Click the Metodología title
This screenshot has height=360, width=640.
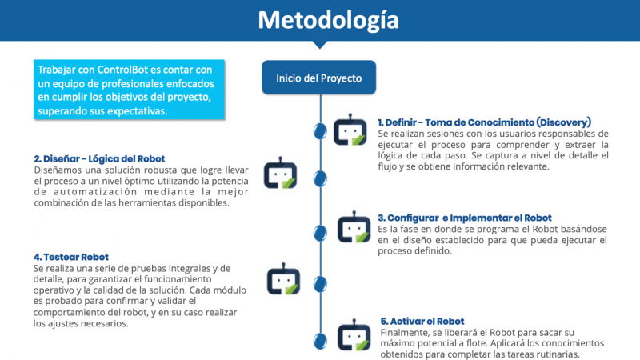(x=328, y=21)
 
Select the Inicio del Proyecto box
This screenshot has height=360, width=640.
(x=318, y=78)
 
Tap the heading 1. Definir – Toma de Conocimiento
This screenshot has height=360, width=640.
(x=484, y=122)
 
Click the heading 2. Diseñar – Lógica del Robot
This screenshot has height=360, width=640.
(x=99, y=158)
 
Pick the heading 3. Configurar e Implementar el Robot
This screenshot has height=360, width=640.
(x=465, y=218)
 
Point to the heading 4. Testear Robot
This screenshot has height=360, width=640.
(x=71, y=257)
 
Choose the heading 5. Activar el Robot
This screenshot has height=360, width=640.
(x=422, y=322)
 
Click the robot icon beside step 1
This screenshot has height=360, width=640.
(x=350, y=130)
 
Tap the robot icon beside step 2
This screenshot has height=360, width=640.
(x=281, y=173)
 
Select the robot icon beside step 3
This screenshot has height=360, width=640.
(x=354, y=227)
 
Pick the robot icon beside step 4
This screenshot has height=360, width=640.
(x=284, y=278)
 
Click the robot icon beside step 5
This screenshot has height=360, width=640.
(x=354, y=334)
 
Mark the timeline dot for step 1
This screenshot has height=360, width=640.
(x=320, y=131)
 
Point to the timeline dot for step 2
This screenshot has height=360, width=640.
(x=320, y=178)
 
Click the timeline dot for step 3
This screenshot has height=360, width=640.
(x=320, y=233)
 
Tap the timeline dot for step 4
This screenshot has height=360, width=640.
(x=320, y=284)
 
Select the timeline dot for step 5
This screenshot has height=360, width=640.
(x=320, y=341)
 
